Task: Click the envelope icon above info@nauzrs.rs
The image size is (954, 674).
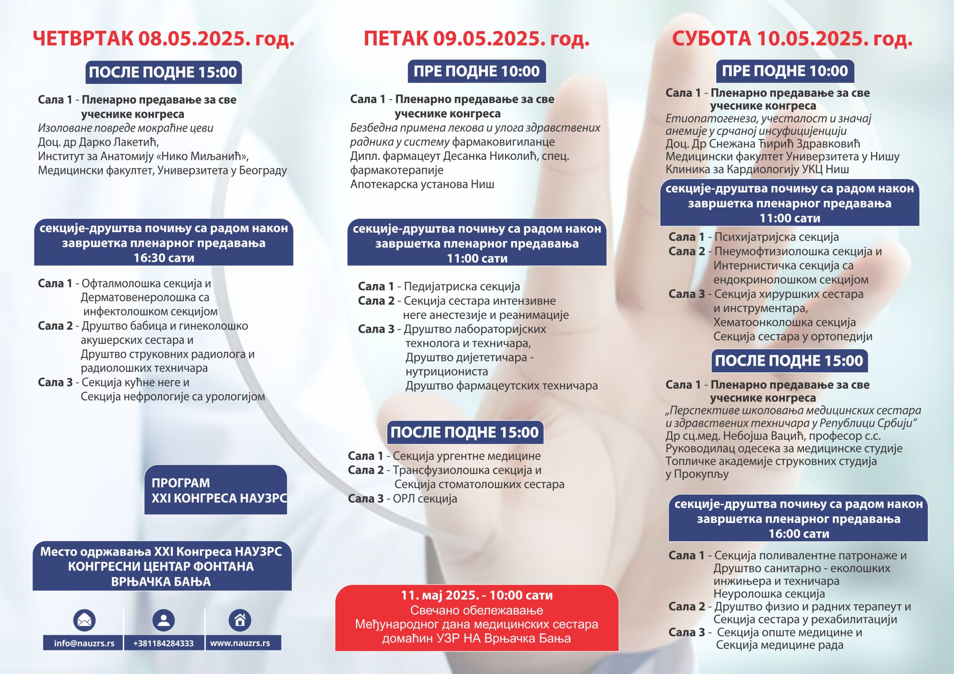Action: tap(84, 620)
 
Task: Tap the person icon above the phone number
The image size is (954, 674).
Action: tap(164, 620)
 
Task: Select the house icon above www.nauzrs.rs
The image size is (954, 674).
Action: tap(240, 620)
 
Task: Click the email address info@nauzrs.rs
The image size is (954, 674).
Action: tap(84, 643)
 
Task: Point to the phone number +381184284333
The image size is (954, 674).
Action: tap(163, 643)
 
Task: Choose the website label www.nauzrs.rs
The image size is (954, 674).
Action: tap(240, 643)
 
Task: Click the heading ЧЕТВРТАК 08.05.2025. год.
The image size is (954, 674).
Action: tap(164, 39)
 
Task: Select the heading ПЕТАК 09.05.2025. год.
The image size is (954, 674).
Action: tap(477, 39)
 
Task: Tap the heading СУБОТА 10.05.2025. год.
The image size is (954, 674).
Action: tap(792, 39)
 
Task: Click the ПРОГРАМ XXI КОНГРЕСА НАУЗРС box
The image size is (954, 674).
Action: tap(216, 490)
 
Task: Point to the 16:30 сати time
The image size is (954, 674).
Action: tap(164, 258)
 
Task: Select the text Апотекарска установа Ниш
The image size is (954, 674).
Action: tap(422, 184)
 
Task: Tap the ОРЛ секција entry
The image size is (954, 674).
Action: tap(425, 498)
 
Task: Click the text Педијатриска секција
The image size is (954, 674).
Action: tap(462, 287)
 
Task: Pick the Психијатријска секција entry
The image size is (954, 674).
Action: tap(776, 237)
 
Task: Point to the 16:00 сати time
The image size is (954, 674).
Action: tap(799, 534)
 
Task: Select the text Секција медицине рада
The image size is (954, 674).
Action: tap(780, 645)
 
